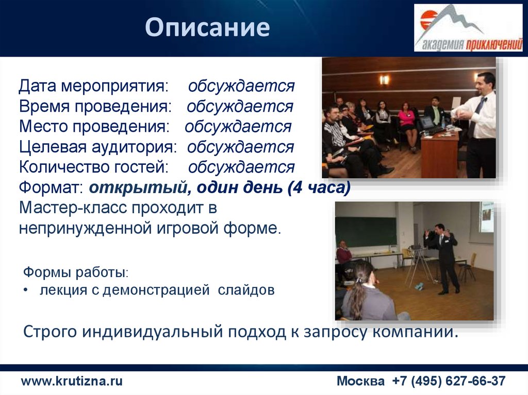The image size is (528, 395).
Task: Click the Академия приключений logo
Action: pos(468,28)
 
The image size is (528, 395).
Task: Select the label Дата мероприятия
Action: pos(93,86)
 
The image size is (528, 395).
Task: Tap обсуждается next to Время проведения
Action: pos(240,107)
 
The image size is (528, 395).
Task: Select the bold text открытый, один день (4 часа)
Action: pos(219,188)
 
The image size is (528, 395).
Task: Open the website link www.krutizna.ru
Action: pos(72,381)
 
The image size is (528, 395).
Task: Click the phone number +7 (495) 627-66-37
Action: pos(449,381)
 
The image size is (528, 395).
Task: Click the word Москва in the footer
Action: pos(360,381)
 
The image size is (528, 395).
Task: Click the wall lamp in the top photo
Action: pos(384,79)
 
